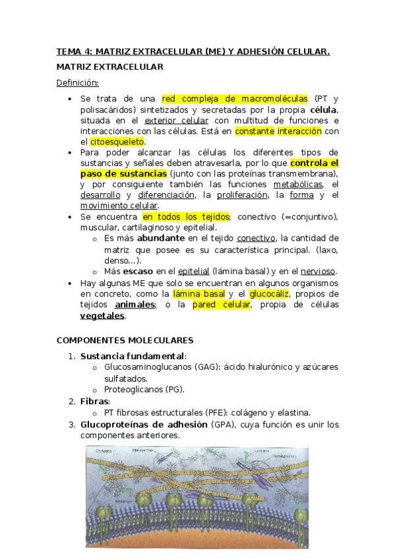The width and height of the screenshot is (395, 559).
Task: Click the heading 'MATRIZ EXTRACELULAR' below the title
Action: coord(109,67)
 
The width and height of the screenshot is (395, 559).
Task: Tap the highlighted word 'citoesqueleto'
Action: coord(117,142)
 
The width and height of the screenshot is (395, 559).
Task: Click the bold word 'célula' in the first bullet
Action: coord(324,110)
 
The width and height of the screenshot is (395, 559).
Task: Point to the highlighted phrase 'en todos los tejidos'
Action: coord(185,216)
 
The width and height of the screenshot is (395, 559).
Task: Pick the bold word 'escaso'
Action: coord(139,271)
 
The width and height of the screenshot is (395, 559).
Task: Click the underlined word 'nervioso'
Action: coord(319,271)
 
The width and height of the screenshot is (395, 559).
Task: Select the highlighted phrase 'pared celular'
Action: coord(222,305)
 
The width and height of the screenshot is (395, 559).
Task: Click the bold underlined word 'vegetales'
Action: coord(102,316)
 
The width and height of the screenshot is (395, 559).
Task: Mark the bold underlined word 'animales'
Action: coord(135,305)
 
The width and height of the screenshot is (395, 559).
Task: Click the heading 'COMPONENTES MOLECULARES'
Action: coord(125,340)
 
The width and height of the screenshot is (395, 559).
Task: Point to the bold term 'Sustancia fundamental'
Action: coord(133,356)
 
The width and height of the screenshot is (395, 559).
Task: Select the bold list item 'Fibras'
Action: coord(95,401)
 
